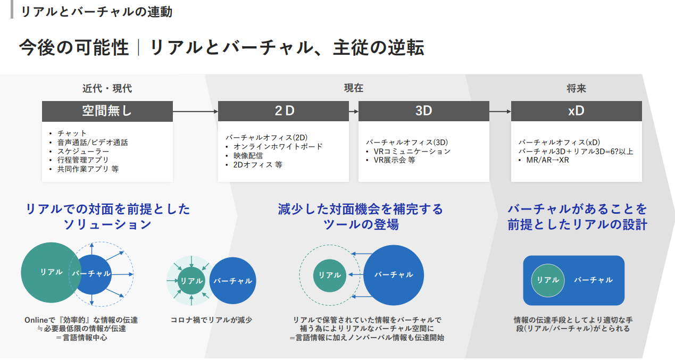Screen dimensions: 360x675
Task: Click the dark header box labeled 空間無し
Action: point(107,111)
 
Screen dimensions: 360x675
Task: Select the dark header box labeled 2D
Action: point(284,111)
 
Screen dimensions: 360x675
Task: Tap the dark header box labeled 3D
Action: point(423,111)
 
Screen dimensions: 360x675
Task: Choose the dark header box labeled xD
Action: point(576,111)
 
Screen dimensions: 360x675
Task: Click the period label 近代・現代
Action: point(107,89)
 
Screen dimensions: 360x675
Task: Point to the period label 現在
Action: point(354,89)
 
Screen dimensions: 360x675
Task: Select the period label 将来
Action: point(576,89)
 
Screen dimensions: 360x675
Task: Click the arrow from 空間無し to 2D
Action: point(195,112)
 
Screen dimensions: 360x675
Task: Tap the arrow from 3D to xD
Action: point(500,112)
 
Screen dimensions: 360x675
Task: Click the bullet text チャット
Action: point(72,133)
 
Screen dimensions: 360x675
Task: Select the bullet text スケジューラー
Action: point(84,152)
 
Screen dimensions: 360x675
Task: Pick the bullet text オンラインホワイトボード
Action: point(278,147)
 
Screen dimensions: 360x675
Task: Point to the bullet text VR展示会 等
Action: point(394,160)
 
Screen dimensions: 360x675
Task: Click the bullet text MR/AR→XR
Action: point(547,160)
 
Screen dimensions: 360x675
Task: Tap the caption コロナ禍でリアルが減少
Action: point(211,320)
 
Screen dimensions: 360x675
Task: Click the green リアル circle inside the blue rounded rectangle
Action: point(548,280)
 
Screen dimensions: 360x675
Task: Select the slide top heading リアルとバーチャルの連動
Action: point(96,12)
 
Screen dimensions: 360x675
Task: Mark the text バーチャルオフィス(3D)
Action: point(407,142)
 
